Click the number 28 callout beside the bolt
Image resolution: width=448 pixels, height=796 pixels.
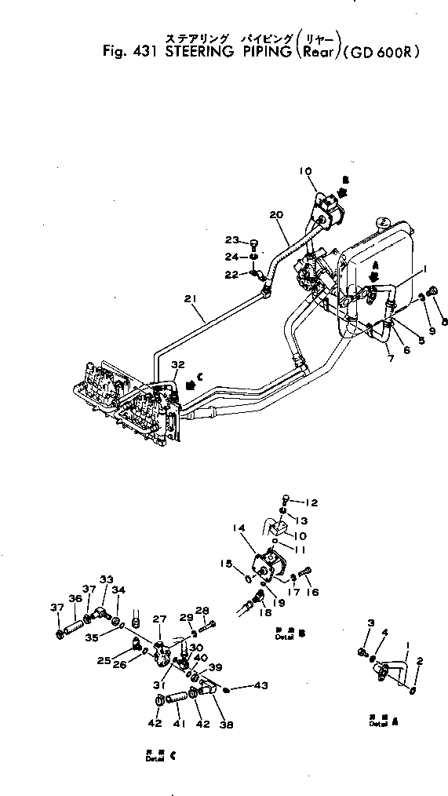(202, 610)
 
